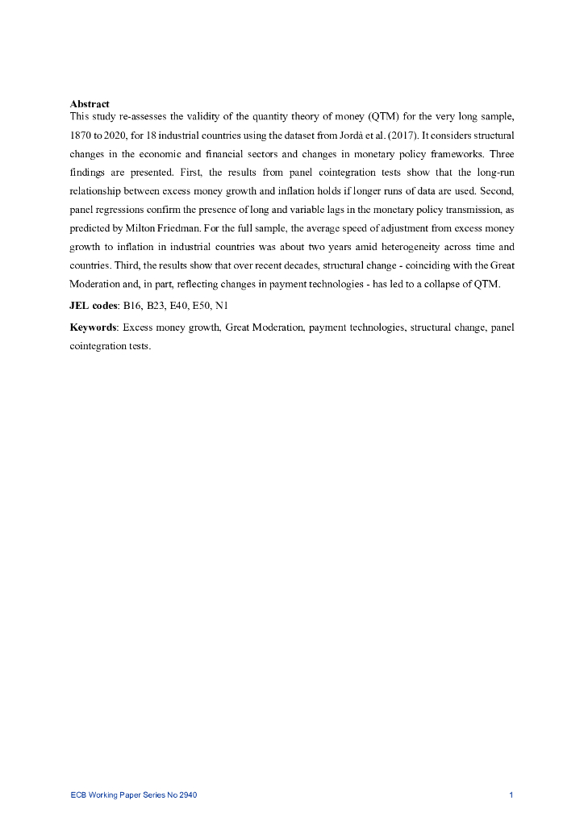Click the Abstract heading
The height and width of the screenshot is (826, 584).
90,104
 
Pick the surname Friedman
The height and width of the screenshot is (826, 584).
170,228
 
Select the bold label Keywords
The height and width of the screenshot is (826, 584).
93,327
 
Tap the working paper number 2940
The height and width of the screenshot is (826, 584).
188,795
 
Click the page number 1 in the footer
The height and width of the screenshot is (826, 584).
511,795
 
